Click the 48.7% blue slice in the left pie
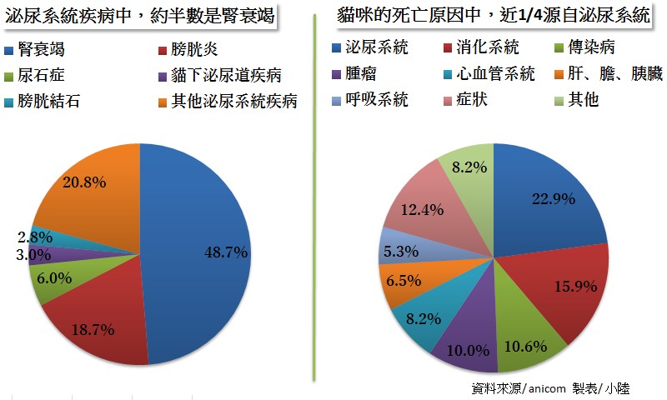[200, 250]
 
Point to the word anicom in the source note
[546, 388]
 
